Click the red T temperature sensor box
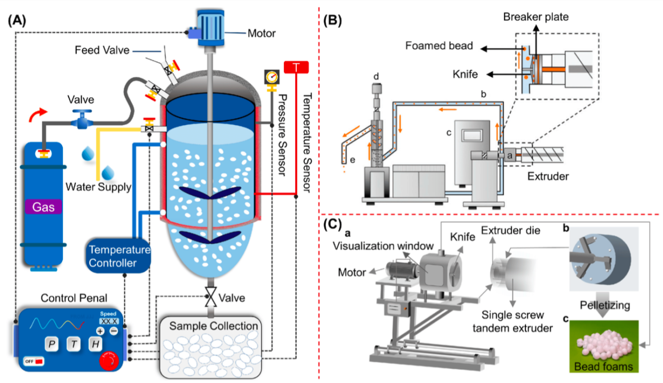point(296,67)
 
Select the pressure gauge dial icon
point(271,76)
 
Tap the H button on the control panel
point(94,344)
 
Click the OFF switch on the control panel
point(33,361)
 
